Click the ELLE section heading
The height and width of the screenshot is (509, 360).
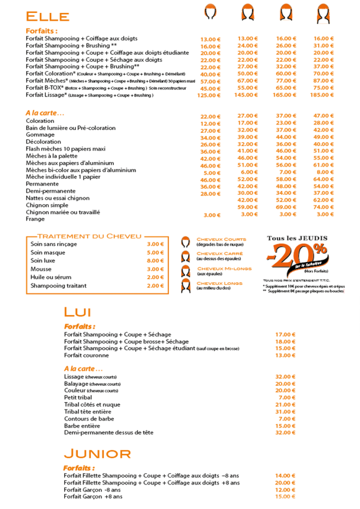[x=47, y=16]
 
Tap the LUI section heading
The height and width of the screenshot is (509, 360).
[x=77, y=312]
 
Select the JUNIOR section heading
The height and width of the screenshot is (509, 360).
[x=97, y=453]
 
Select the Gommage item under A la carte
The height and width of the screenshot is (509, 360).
[x=40, y=135]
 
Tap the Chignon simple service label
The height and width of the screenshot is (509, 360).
[x=47, y=205]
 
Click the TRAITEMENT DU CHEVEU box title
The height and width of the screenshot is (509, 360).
[x=90, y=236]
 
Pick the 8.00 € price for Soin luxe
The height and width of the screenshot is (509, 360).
[x=155, y=260]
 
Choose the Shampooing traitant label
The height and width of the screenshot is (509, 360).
[x=59, y=285]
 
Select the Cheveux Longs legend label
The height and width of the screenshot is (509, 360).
[x=219, y=283]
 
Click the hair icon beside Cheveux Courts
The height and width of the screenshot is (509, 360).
[x=186, y=242]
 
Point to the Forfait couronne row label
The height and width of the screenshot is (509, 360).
[x=86, y=355]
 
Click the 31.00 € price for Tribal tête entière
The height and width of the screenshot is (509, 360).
[x=285, y=412]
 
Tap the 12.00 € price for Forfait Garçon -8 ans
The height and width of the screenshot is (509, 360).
[x=285, y=490]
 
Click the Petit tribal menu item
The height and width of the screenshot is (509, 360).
[x=78, y=398]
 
